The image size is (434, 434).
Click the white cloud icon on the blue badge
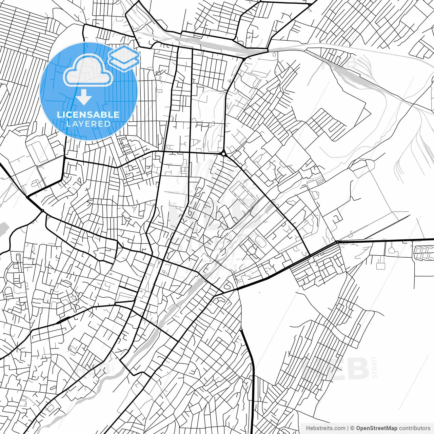point(88,71)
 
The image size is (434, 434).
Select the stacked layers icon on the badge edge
point(124,58)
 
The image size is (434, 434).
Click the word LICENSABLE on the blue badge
point(88,115)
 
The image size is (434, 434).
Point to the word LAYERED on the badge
point(88,124)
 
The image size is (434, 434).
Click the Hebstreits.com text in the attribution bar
point(325,428)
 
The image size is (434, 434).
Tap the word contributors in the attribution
point(414,428)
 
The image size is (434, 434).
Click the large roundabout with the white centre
point(223,154)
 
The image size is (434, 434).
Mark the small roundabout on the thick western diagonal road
point(42,211)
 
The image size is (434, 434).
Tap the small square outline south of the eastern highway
point(380,266)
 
